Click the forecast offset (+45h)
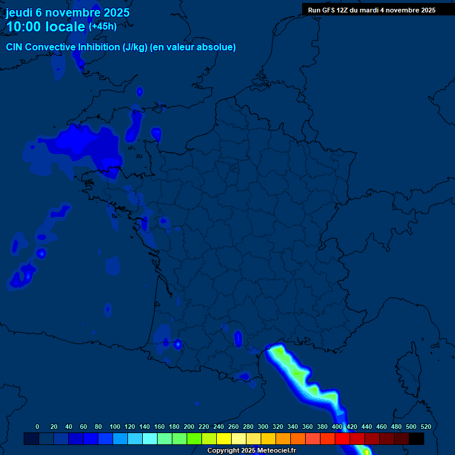click(102, 27)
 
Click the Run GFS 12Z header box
click(371, 10)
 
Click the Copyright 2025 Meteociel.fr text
click(251, 451)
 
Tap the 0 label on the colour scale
click(37, 427)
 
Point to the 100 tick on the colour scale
click(115, 427)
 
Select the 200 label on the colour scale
click(189, 427)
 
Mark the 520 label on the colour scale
click(425, 427)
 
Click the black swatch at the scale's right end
click(416, 438)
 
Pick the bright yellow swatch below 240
click(224, 438)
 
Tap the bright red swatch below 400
click(342, 438)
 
